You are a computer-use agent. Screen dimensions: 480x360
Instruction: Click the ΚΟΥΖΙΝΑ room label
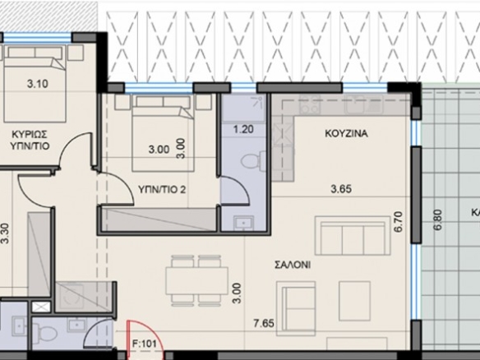pos(346,133)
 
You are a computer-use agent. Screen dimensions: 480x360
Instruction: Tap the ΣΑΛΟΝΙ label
pos(293,265)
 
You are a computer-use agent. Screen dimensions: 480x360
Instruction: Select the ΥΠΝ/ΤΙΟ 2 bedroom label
pos(162,190)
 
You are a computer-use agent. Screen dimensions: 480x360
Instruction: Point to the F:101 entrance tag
pos(144,344)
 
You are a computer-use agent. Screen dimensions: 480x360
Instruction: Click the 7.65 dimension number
pos(264,323)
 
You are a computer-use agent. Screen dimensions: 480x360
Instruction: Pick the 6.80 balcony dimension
pos(438,219)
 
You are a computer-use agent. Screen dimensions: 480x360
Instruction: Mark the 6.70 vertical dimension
pos(399,222)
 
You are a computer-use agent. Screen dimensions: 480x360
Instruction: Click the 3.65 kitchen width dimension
pos(341,189)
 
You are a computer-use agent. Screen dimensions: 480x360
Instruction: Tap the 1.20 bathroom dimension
pos(243,129)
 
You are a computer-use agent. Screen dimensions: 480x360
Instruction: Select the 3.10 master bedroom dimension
pos(37,84)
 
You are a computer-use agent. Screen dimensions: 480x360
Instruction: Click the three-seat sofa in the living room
pos(353,235)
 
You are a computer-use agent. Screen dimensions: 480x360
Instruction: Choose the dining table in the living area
pos(196,281)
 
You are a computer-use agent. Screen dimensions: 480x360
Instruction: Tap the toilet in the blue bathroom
pos(253,161)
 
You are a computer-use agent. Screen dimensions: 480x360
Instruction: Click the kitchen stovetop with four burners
pos(310,104)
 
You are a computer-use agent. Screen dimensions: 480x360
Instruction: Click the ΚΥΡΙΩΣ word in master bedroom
pos(30,134)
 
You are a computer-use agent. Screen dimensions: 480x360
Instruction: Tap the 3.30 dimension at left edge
pos(5,233)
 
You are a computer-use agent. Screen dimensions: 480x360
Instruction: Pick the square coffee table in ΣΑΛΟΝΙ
pos(354,301)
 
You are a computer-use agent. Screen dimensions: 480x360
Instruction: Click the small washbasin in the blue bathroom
pos(243,222)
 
